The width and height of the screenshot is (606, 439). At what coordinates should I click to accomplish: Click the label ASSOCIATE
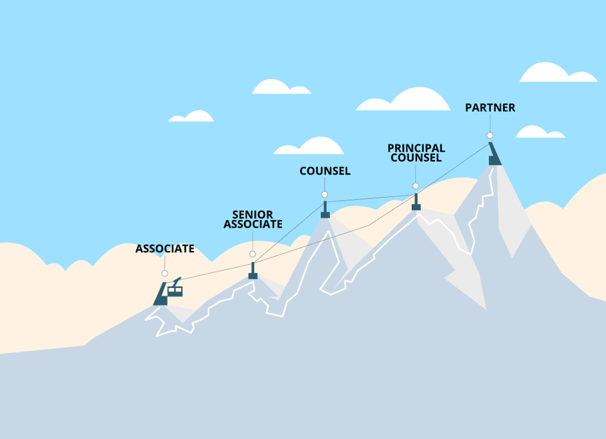(x=164, y=249)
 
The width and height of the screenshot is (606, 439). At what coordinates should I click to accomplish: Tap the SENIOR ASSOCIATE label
(x=253, y=220)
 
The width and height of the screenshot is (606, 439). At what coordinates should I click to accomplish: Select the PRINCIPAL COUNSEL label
(x=416, y=153)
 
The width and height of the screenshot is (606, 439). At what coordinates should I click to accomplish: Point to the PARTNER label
(x=490, y=108)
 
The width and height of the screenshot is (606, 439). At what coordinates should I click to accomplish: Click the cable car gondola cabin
(x=175, y=290)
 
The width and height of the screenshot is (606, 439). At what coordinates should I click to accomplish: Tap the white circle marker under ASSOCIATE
(x=164, y=273)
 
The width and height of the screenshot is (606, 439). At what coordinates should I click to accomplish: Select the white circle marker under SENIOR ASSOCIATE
(x=253, y=254)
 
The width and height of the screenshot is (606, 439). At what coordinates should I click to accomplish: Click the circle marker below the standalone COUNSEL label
(x=325, y=194)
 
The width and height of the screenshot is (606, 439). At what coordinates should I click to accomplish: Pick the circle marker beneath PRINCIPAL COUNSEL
(x=416, y=186)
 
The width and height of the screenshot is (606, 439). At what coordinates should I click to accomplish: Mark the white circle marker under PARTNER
(x=490, y=135)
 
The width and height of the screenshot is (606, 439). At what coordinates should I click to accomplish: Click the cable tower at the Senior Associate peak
(x=253, y=271)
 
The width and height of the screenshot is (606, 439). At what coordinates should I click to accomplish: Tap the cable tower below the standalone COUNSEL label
(x=325, y=211)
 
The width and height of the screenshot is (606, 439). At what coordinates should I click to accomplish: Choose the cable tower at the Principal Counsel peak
(x=416, y=202)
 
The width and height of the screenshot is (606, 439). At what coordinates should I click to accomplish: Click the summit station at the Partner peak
(x=495, y=155)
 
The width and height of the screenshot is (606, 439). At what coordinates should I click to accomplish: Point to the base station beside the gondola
(x=160, y=294)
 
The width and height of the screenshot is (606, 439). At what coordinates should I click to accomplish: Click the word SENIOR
(x=253, y=215)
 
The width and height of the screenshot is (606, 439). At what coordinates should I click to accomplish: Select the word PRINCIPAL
(x=416, y=148)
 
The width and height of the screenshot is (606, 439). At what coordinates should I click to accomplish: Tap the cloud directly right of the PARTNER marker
(x=539, y=132)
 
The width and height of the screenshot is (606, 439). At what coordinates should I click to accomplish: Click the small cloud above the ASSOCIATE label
(x=192, y=116)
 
